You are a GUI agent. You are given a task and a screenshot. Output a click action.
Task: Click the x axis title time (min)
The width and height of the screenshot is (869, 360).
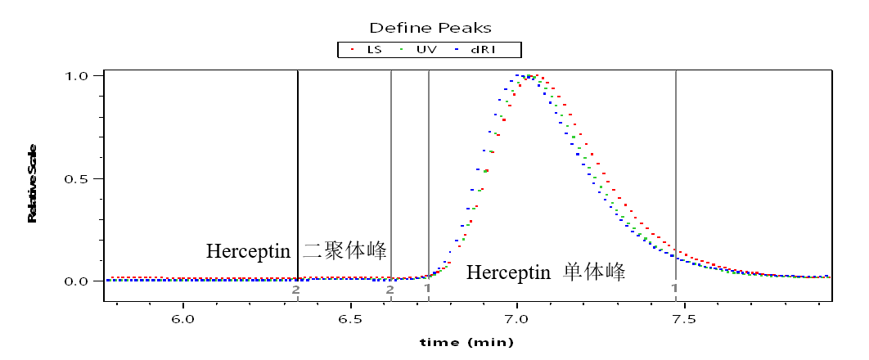point(466,342)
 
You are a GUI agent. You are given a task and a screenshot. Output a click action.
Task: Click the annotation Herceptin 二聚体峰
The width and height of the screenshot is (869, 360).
point(295,250)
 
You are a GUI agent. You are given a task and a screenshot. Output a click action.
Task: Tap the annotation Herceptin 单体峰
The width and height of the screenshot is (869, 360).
point(546,272)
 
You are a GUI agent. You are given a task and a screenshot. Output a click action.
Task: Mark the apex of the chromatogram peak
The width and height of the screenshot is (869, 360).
point(530,77)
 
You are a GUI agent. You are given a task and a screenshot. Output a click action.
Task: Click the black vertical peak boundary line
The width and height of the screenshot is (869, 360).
point(297,164)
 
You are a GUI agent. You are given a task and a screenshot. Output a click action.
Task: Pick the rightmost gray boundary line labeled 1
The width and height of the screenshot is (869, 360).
point(676,164)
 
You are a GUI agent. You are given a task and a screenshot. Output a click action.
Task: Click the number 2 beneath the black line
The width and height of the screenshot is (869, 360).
point(295,289)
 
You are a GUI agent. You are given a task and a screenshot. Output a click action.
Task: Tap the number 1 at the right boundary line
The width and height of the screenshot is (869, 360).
point(674,288)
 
